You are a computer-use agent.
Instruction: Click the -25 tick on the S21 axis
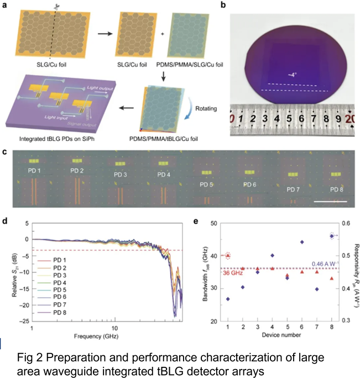coord(23,321)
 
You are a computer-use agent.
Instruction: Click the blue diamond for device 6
coord(302,242)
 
